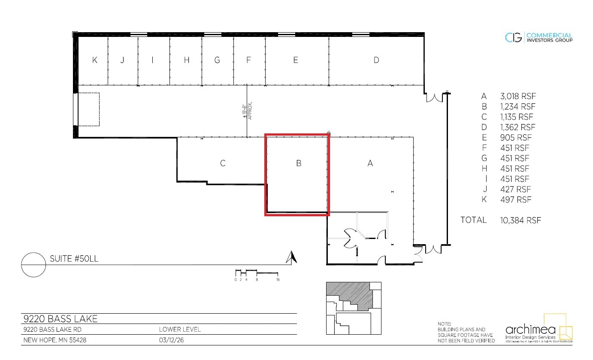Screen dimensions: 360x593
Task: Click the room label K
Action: tap(95, 60)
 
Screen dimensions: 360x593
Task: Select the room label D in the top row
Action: tap(376, 60)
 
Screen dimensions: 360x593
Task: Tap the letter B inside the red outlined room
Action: tap(299, 163)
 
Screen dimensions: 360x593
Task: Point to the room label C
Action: tap(223, 163)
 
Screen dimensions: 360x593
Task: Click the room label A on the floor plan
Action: tap(370, 163)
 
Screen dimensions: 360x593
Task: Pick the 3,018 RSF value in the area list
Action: tap(517, 96)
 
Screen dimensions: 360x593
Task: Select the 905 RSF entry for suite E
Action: tap(515, 137)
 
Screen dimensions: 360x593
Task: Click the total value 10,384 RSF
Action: tap(520, 220)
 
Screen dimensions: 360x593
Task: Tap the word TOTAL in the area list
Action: tap(473, 220)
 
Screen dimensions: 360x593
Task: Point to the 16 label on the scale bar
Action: tap(278, 280)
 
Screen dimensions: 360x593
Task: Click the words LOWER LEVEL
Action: tap(180, 330)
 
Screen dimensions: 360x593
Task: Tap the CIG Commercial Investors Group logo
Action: tap(539, 38)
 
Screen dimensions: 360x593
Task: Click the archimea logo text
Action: tap(530, 330)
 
